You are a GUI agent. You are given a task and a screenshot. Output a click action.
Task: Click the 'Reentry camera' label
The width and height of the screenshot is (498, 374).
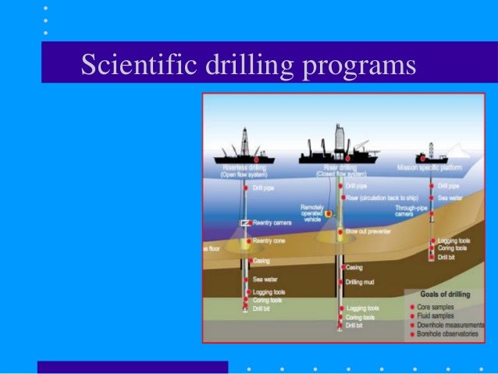272,223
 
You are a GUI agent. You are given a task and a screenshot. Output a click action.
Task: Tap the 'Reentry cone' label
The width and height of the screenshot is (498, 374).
269,242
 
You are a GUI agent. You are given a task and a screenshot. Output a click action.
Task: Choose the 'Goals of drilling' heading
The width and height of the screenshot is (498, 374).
446,295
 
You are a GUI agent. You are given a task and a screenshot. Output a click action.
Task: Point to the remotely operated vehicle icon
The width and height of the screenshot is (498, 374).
329,213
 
